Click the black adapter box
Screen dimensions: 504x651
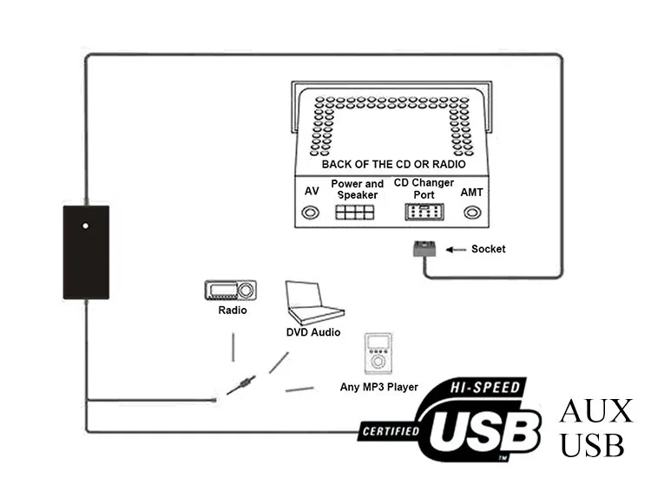pyautogui.click(x=86, y=252)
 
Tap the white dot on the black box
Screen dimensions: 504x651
pyautogui.click(x=85, y=226)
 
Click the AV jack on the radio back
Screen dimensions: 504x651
pyautogui.click(x=310, y=213)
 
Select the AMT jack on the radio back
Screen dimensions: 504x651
pyautogui.click(x=471, y=213)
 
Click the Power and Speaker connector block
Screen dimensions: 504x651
pyautogui.click(x=356, y=213)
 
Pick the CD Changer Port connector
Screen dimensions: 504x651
pyautogui.click(x=424, y=213)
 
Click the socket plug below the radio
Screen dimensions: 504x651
pyautogui.click(x=423, y=249)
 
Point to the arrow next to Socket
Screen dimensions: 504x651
pyautogui.click(x=455, y=250)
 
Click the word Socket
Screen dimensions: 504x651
pyautogui.click(x=488, y=250)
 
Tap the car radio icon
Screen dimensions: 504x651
pyautogui.click(x=230, y=291)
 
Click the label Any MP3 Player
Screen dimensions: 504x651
pyautogui.click(x=378, y=387)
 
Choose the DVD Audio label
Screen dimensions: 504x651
pyautogui.click(x=312, y=332)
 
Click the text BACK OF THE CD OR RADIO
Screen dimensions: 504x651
pyautogui.click(x=393, y=164)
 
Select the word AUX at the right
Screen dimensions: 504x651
pyautogui.click(x=596, y=411)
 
